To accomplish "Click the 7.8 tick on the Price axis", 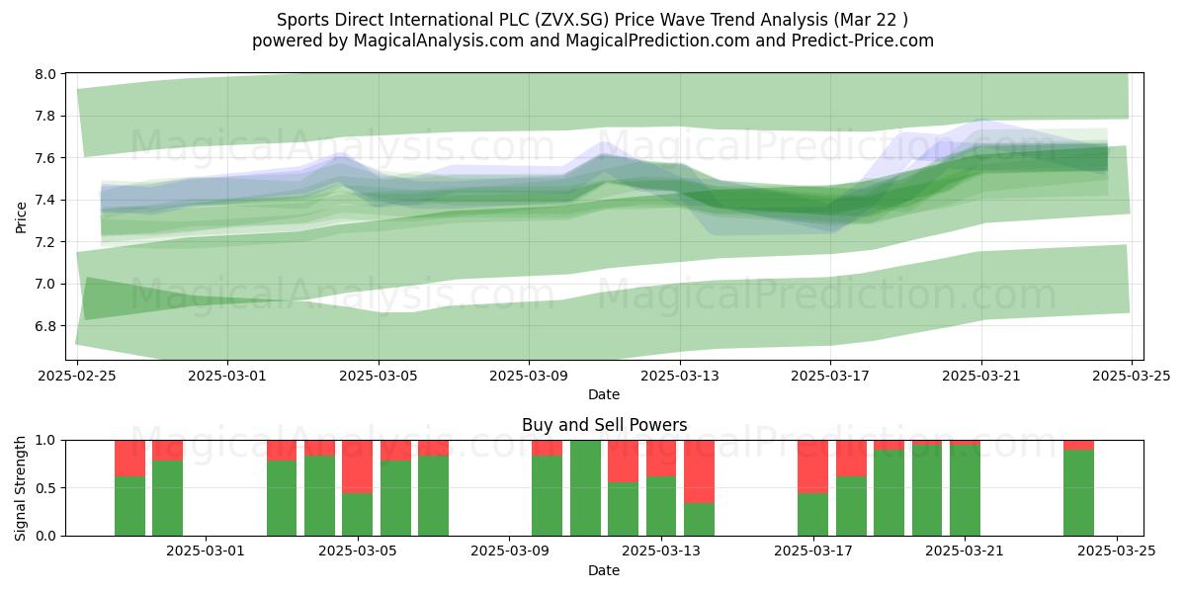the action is [45, 116].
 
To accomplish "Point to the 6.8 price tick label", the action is [45, 326].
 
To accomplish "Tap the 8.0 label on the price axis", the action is [45, 74].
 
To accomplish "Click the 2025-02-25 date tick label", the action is [77, 376].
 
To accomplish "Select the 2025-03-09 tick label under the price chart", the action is [529, 376].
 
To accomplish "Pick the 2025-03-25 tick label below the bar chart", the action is [1117, 551].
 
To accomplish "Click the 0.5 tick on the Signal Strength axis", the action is [45, 488].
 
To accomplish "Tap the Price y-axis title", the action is [21, 217].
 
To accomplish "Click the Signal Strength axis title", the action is [20, 488].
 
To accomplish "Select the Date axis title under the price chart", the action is [604, 395].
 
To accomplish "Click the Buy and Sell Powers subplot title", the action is [604, 425].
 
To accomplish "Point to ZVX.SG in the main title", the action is [572, 20].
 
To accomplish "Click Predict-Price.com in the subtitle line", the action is [863, 41].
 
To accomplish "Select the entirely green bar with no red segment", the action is [585, 488].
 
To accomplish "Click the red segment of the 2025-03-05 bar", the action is [358, 466].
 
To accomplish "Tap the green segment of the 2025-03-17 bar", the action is [812, 515].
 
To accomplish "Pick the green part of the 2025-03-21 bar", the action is [965, 490].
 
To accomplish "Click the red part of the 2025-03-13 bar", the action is [661, 459].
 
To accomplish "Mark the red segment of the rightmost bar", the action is [1078, 446].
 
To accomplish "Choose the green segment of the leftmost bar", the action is [129, 506].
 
